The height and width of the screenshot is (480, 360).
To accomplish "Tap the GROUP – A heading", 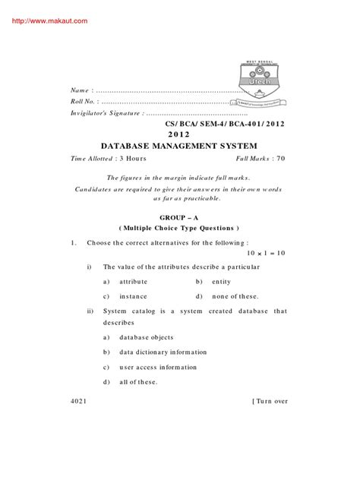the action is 179,216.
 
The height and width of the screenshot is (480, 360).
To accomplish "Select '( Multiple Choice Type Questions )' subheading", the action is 179,228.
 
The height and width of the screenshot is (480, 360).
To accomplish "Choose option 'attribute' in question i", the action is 133,281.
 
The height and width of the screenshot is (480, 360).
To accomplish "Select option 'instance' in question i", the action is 133,295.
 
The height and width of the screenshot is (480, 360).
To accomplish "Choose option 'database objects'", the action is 147,337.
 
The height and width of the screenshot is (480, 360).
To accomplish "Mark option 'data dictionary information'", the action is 163,352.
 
